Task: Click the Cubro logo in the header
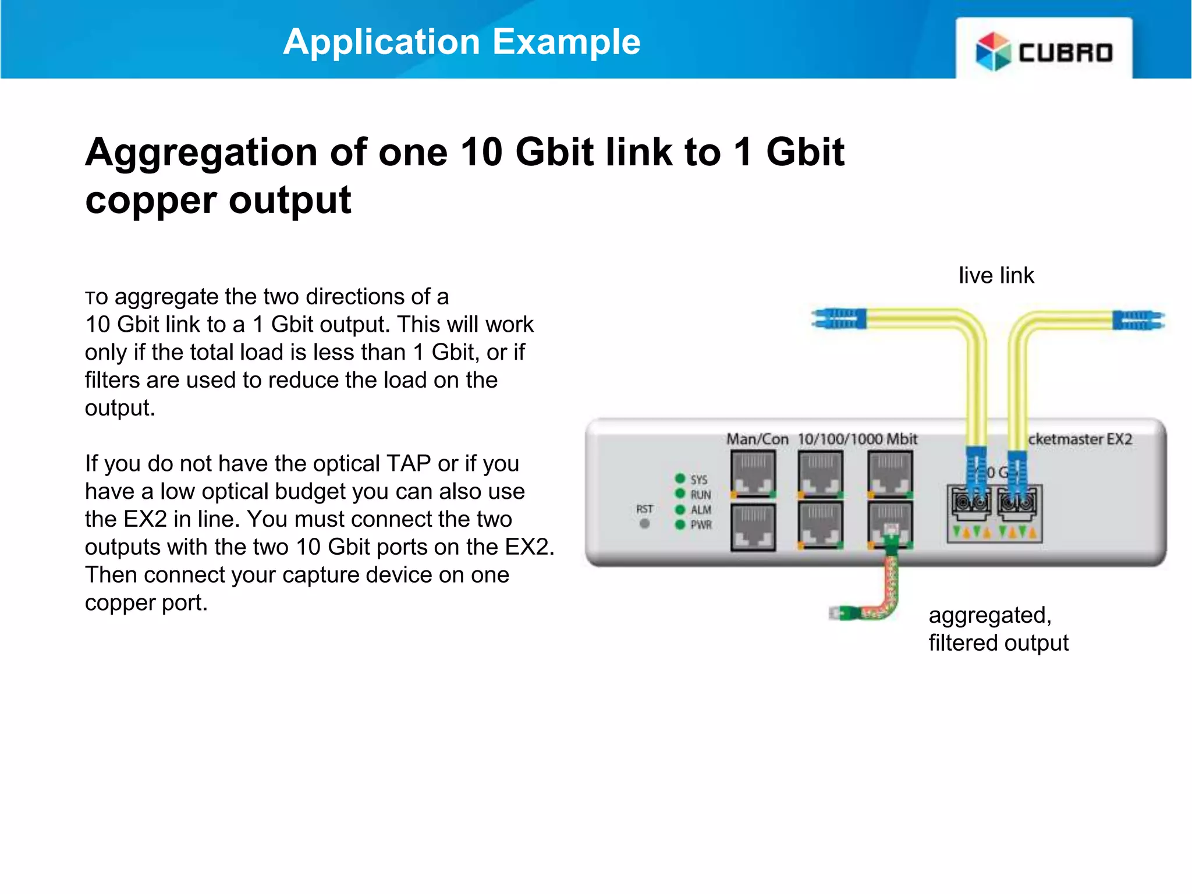point(1044,51)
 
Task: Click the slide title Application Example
point(462,42)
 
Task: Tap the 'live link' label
point(996,275)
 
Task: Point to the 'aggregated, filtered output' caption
point(998,629)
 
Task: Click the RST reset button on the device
point(644,523)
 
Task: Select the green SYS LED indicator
point(680,478)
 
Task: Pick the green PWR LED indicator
point(680,524)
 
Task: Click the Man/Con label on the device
point(757,439)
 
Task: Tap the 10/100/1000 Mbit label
point(857,439)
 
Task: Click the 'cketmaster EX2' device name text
point(1080,439)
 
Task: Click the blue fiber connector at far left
point(839,319)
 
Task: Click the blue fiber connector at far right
point(1138,320)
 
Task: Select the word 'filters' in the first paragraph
point(112,380)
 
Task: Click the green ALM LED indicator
point(680,509)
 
